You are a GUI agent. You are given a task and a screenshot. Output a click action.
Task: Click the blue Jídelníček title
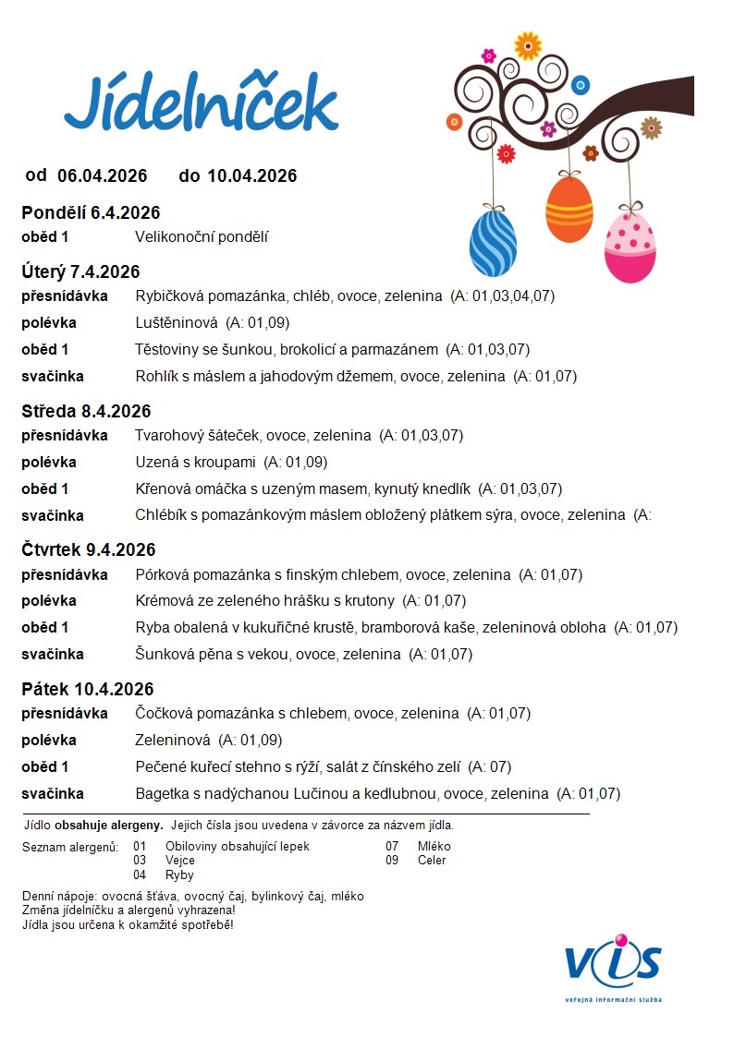[201, 103]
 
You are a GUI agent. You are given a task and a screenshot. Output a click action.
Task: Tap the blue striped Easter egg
[493, 243]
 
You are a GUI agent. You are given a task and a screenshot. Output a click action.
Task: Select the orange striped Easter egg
[569, 210]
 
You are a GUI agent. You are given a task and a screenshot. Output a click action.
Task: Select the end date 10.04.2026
[251, 175]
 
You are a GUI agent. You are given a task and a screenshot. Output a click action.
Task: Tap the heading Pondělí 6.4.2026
[91, 213]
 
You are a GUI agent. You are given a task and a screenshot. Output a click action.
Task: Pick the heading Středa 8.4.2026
[86, 411]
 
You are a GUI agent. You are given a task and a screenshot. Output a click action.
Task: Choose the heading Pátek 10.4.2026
[88, 689]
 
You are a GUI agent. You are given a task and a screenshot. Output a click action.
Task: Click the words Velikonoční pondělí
[202, 237]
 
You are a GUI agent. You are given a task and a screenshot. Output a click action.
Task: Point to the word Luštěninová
[177, 323]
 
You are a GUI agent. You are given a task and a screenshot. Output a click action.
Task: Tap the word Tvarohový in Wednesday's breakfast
[167, 435]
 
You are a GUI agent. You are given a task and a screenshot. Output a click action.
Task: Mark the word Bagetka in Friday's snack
[161, 793]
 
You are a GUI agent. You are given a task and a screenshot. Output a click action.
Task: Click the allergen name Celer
[432, 860]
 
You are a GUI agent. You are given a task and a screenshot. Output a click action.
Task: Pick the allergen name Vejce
[180, 860]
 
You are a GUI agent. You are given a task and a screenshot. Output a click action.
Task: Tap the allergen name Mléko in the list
[434, 846]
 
